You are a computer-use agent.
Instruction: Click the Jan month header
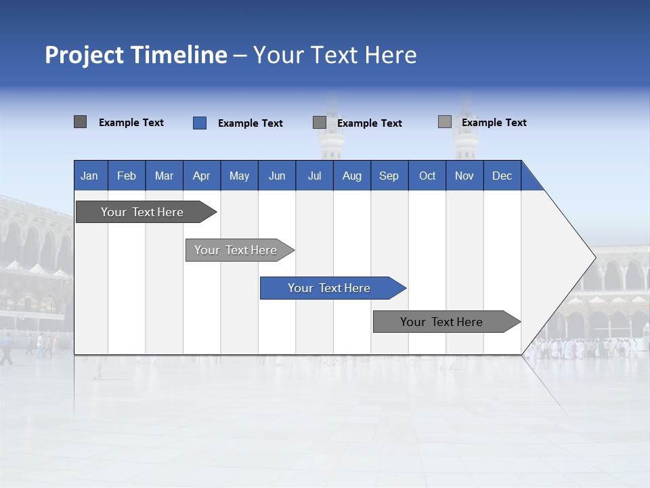click(x=90, y=176)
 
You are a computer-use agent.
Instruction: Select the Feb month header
click(x=127, y=176)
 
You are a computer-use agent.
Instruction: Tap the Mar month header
click(x=164, y=176)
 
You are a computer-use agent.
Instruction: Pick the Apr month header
click(x=202, y=176)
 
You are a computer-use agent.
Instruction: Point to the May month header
click(x=239, y=176)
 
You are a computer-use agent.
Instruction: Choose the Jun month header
click(x=277, y=176)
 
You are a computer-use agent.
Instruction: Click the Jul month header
click(x=314, y=176)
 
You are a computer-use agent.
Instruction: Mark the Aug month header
click(x=352, y=176)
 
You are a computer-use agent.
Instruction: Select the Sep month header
click(x=389, y=176)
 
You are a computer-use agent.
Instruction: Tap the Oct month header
click(x=427, y=176)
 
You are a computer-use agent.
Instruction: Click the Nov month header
click(x=464, y=176)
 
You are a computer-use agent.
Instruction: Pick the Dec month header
click(x=502, y=176)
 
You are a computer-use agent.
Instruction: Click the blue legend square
click(x=200, y=123)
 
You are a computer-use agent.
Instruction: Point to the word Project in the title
click(x=85, y=55)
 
